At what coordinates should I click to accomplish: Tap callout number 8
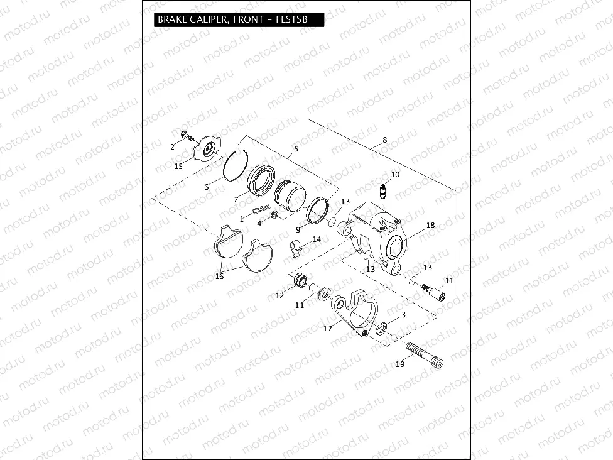384,140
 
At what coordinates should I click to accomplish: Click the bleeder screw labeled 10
382,189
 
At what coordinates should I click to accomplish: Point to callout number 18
430,225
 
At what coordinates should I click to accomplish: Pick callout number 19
400,364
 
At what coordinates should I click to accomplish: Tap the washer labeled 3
381,327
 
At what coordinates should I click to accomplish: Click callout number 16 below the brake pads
219,276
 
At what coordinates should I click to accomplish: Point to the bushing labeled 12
300,280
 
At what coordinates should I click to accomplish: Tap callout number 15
178,166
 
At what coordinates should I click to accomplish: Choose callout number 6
206,187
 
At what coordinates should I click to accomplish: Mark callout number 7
236,199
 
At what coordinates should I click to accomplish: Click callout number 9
298,230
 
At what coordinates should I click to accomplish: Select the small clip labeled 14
296,246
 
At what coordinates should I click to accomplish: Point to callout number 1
241,219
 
